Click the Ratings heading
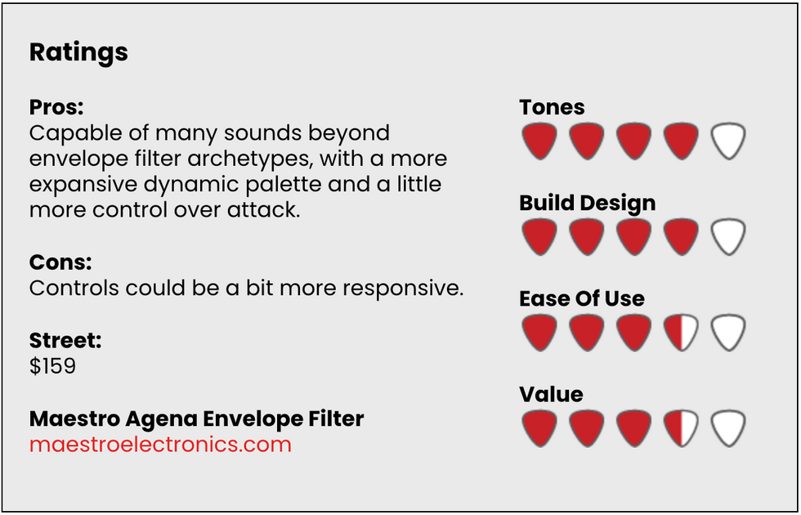pyautogui.click(x=78, y=52)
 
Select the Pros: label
pyautogui.click(x=56, y=107)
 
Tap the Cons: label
pyautogui.click(x=60, y=262)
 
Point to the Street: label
pyautogui.click(x=65, y=340)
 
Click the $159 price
pyautogui.click(x=52, y=366)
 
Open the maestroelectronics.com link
pyautogui.click(x=160, y=445)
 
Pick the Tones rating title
pyautogui.click(x=553, y=107)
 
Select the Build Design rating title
pyautogui.click(x=588, y=204)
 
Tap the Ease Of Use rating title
pyautogui.click(x=582, y=299)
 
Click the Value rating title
pyautogui.click(x=552, y=394)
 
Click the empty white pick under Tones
pyautogui.click(x=728, y=141)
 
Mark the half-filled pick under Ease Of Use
pyautogui.click(x=681, y=332)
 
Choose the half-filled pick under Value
pyautogui.click(x=681, y=428)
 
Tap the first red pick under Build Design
pyautogui.click(x=539, y=236)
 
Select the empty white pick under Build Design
pyautogui.click(x=728, y=236)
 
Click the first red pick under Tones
pyautogui.click(x=539, y=141)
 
